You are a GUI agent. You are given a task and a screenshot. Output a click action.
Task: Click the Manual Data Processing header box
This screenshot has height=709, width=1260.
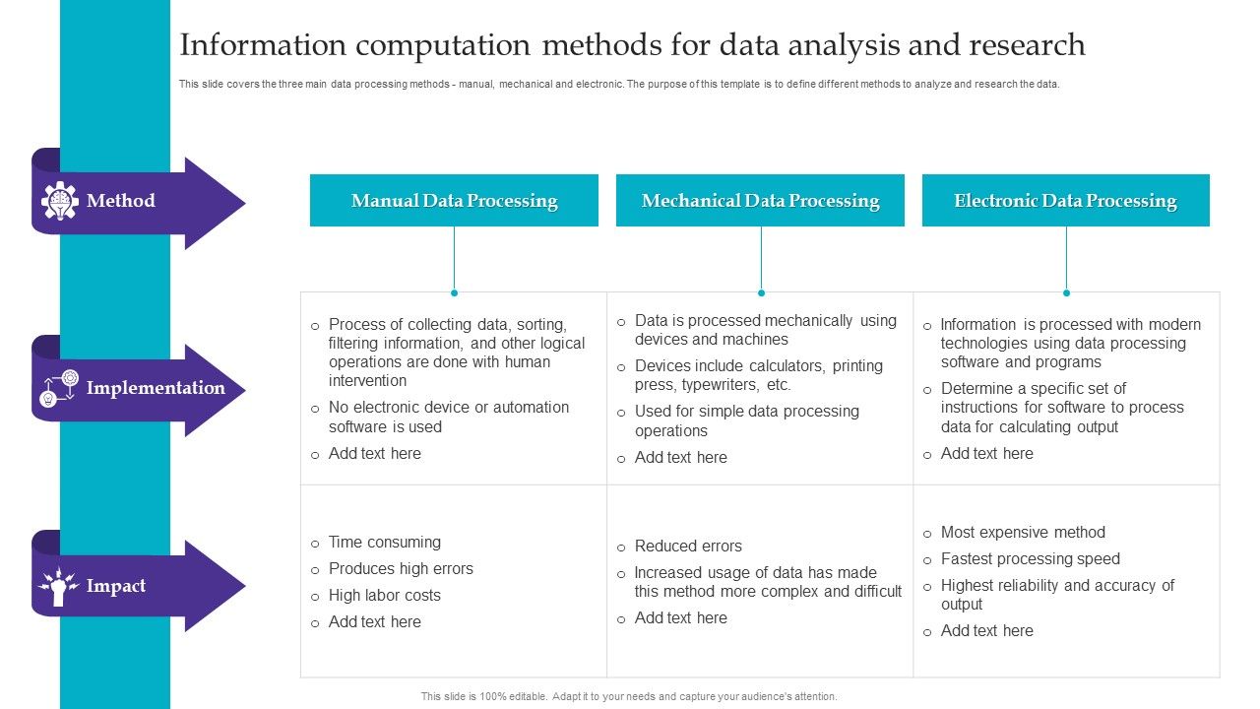tap(454, 201)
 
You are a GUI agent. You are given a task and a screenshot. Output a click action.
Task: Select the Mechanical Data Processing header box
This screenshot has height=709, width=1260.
tap(760, 201)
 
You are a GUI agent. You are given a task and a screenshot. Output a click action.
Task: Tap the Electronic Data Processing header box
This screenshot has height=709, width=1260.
tap(1065, 201)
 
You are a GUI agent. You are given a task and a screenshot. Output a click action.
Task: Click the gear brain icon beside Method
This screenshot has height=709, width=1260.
tap(60, 201)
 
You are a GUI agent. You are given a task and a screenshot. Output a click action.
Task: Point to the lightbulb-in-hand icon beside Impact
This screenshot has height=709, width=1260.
tap(58, 587)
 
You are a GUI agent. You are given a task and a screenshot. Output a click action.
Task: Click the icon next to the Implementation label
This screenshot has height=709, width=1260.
tap(59, 388)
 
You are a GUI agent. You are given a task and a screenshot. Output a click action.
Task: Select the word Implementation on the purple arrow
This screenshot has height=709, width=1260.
tap(156, 388)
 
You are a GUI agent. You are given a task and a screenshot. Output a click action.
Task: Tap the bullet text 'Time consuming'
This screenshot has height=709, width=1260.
tap(385, 543)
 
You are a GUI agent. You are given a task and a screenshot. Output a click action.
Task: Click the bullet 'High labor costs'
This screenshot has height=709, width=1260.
tap(385, 596)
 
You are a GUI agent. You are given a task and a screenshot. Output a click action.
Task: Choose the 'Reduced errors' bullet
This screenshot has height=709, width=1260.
tap(688, 547)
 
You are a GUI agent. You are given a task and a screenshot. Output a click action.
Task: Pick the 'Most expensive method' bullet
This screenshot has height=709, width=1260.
tap(1023, 533)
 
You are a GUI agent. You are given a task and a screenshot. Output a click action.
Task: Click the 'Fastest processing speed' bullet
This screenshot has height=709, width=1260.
tap(1030, 559)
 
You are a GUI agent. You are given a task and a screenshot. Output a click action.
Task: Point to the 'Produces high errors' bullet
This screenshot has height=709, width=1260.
tap(401, 569)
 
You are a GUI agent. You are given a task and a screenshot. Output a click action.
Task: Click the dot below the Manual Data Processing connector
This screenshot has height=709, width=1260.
tap(454, 292)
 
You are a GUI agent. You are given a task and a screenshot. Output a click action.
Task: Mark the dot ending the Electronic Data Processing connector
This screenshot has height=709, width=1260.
tap(1066, 292)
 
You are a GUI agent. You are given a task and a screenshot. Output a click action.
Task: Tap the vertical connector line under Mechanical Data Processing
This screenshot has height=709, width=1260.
tap(761, 258)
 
